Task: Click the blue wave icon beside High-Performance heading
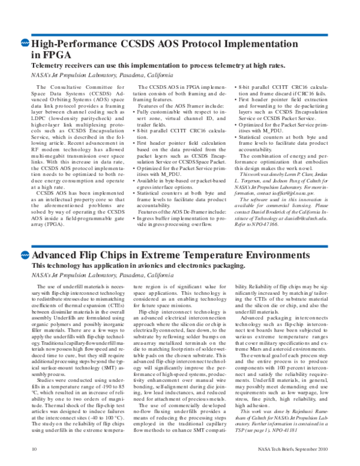(25, 44)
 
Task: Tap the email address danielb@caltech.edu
(292, 216)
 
